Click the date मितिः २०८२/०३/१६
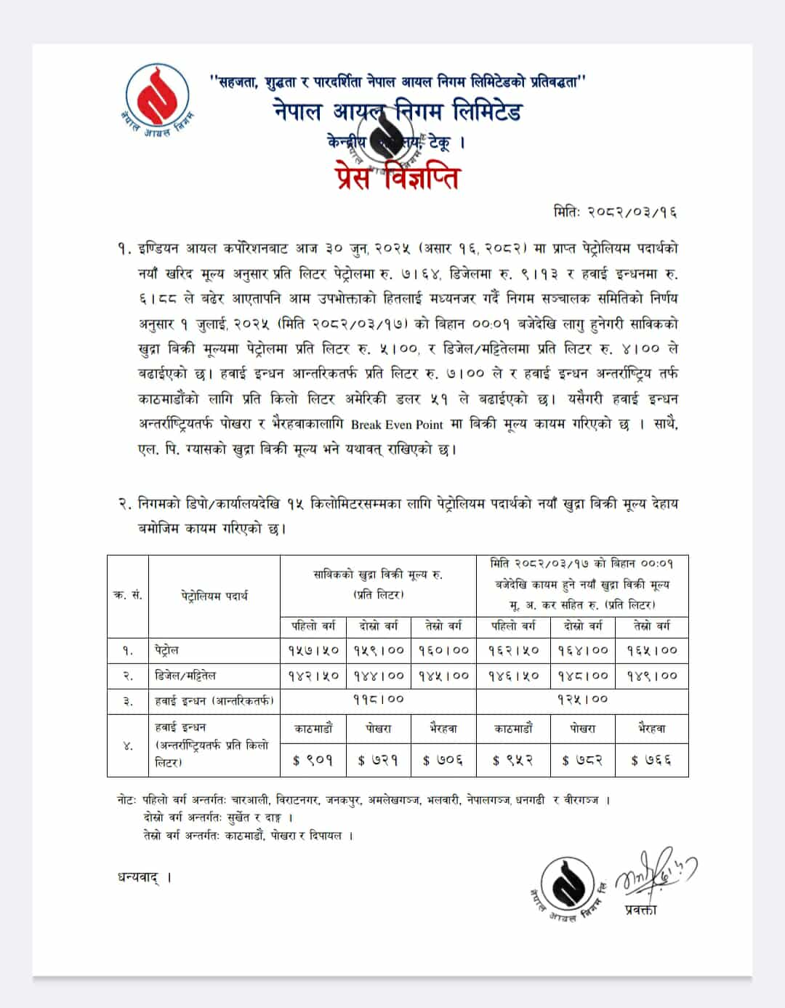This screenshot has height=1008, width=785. click(615, 212)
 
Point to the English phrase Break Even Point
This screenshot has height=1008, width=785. click(397, 424)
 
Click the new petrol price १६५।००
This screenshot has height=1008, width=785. click(651, 650)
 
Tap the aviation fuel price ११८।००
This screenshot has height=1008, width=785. click(378, 700)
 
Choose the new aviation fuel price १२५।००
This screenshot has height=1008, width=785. click(582, 700)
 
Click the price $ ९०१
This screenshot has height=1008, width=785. click(313, 760)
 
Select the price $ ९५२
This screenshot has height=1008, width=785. click(512, 760)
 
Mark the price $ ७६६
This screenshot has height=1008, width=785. click(651, 760)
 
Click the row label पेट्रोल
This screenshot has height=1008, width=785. click(166, 650)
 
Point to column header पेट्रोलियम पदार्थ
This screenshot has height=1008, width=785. click(214, 596)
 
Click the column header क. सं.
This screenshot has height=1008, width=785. click(128, 596)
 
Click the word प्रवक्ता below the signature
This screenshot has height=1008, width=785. click(640, 909)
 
